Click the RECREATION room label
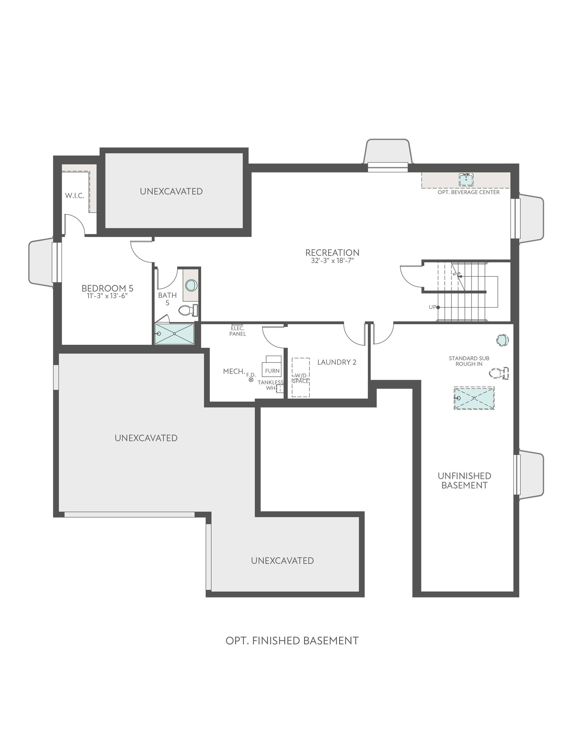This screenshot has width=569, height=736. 332,252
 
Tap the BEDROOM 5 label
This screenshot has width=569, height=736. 107,288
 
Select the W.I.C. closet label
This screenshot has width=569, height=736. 75,195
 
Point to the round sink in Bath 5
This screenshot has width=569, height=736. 191,285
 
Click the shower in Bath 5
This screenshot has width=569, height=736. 174,333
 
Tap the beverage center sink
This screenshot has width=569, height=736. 466,179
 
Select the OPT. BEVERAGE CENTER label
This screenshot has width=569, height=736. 469,192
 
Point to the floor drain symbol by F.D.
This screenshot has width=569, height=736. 251,380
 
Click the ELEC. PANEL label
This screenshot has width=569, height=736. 237,331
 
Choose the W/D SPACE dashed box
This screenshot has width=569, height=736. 301,377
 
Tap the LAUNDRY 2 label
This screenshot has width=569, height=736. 337,362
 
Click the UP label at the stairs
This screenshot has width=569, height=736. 432,307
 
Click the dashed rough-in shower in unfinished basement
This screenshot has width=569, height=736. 474,398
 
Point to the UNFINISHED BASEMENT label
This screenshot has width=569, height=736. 464,481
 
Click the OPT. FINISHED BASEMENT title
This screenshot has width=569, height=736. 292,641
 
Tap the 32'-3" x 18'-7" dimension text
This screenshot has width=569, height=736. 332,261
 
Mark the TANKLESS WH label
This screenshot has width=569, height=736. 271,385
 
